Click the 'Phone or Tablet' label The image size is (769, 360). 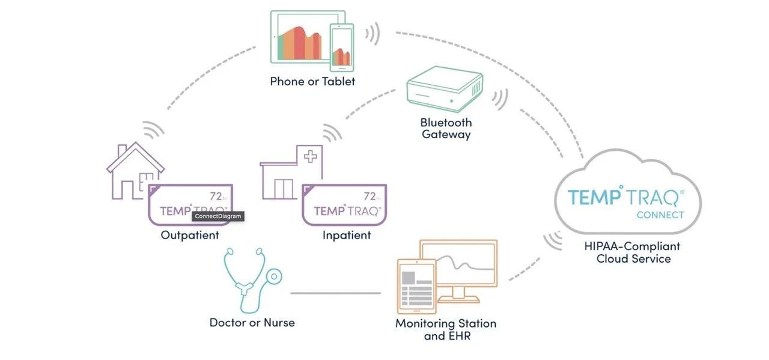pos(312,81)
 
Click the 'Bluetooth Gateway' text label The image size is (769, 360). pos(446,128)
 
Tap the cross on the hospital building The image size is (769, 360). pos(311,157)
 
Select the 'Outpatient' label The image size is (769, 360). pos(190,235)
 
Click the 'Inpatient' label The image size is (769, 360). pos(347,235)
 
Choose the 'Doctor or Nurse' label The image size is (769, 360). pos(252,323)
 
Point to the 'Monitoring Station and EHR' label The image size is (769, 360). pos(446,329)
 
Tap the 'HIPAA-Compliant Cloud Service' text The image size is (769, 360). pos(633,252)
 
